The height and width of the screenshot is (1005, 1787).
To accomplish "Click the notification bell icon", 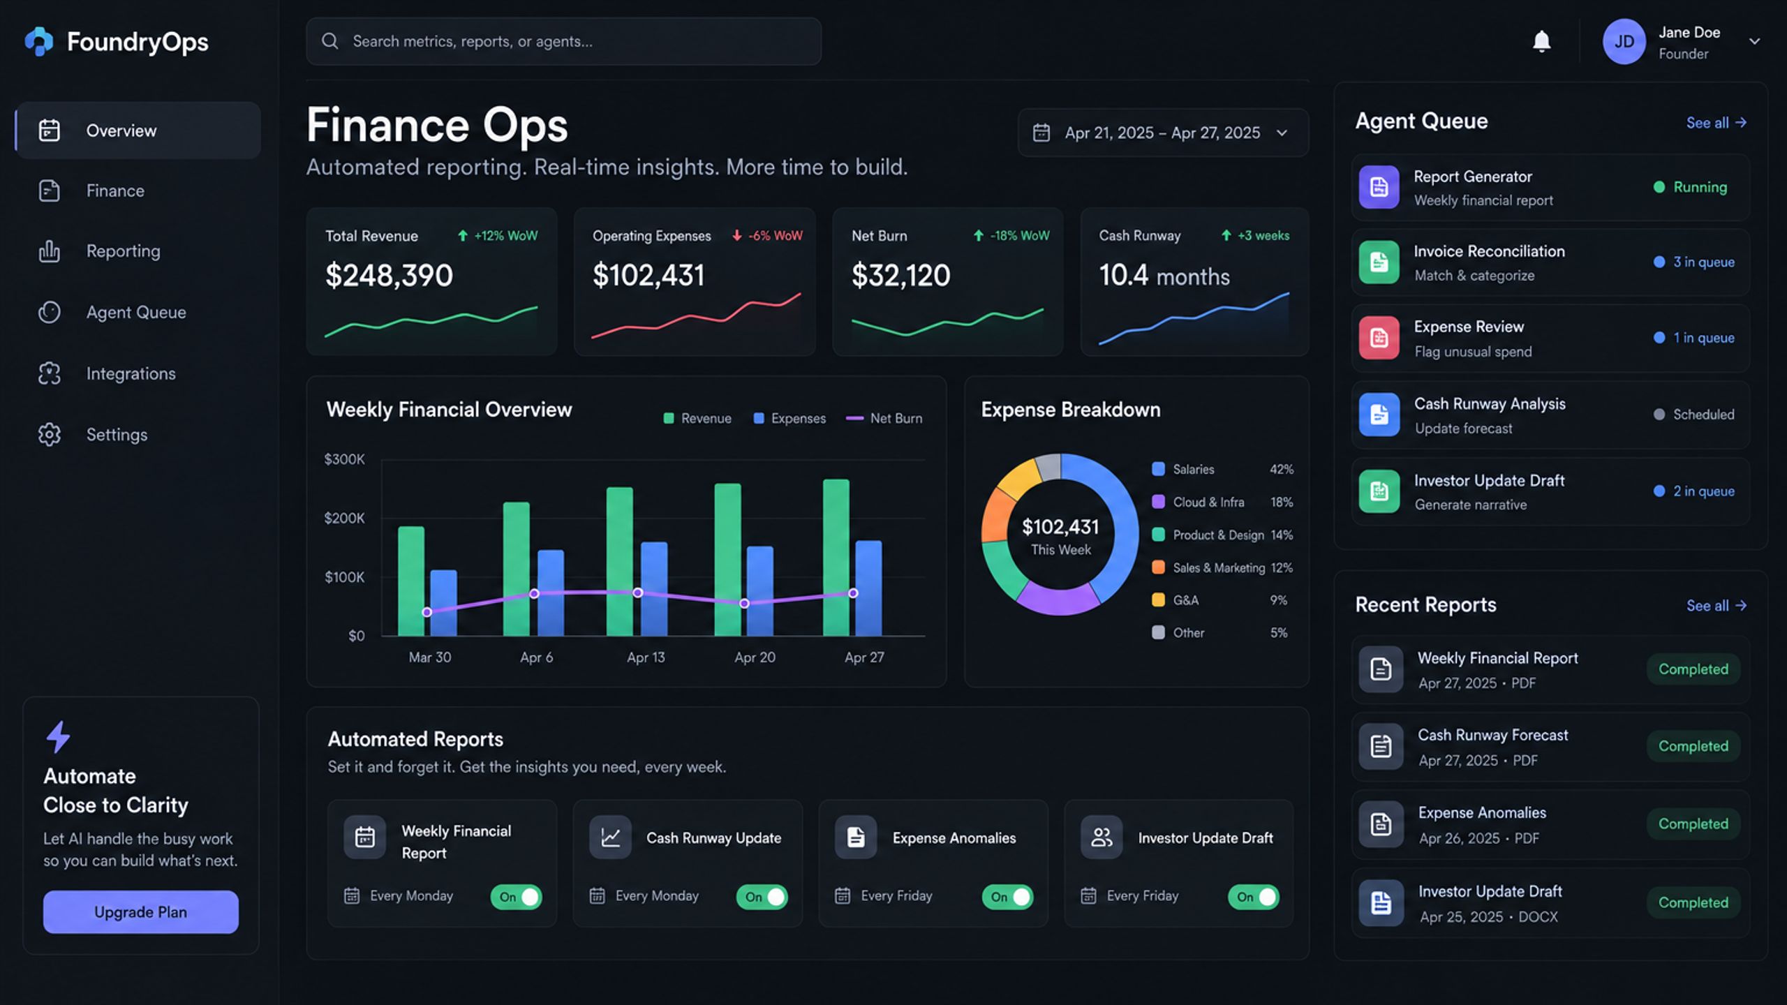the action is [1541, 42].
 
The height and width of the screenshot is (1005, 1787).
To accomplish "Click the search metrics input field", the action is [563, 41].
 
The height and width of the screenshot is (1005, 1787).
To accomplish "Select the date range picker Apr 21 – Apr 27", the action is [1163, 133].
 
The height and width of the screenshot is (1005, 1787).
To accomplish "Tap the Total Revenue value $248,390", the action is [389, 275].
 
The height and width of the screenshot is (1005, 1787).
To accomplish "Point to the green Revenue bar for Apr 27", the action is [836, 558].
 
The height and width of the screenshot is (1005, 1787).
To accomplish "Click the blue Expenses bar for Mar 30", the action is [443, 603].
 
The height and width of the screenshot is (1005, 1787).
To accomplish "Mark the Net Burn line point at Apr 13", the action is [637, 593].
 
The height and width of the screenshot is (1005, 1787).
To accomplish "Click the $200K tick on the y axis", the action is [344, 518].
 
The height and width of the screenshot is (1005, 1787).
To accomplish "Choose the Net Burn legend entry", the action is [884, 418].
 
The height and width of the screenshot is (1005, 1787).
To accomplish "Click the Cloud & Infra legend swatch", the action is [1158, 502].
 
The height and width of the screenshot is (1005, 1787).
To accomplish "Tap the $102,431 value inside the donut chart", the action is [1060, 527].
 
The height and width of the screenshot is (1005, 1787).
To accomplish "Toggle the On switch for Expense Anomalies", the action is [1007, 897].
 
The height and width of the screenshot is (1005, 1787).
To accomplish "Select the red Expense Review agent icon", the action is [1379, 338].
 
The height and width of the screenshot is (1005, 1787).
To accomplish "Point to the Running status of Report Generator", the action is [1690, 187].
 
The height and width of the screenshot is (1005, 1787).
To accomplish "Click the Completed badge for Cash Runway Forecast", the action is [1693, 746].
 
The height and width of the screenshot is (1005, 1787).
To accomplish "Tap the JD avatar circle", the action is [1624, 42].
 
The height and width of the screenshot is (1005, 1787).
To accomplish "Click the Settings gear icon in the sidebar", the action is [50, 435].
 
